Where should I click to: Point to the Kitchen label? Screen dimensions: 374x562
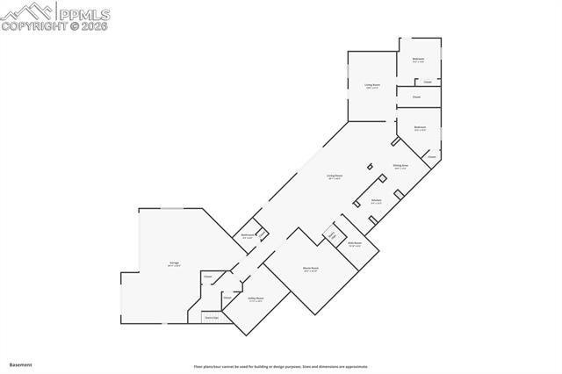(376, 200)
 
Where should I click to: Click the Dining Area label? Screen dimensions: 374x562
(400, 165)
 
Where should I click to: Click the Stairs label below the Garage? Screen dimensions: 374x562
(211, 317)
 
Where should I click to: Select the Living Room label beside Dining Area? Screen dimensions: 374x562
(335, 176)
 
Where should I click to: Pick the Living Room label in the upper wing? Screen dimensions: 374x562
(372, 85)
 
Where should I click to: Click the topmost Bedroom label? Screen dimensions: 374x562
(419, 60)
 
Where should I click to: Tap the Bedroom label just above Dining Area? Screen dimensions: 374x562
(420, 127)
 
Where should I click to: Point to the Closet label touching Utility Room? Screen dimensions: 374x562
(227, 298)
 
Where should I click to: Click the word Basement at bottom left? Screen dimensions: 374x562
(20, 364)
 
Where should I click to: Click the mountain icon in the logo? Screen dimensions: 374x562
(26, 11)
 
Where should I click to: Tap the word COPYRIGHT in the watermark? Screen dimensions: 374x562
(36, 26)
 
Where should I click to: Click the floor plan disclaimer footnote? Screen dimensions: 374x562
(281, 366)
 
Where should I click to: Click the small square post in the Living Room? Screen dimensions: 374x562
(371, 165)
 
